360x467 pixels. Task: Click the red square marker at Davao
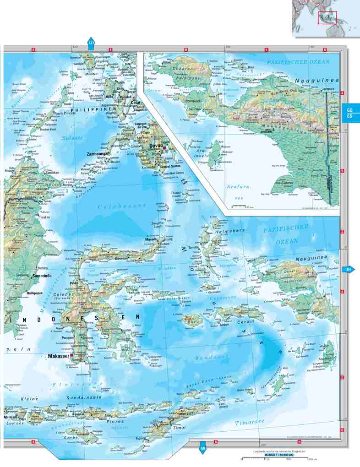point(164,148)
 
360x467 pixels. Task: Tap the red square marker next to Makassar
point(72,355)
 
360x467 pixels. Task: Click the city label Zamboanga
point(98,154)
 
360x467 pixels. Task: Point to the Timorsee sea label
point(249,424)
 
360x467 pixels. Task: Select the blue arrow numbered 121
point(91,43)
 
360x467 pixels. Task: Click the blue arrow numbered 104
point(348,270)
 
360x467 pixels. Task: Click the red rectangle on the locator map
point(327,18)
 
